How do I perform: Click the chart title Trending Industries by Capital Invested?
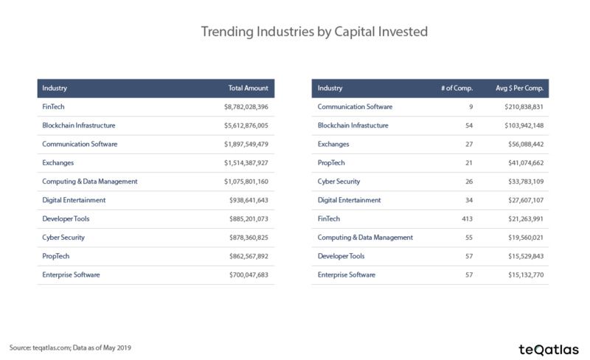point(314,32)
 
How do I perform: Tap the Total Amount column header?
point(248,88)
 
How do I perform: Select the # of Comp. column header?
point(457,88)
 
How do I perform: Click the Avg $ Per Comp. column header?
point(519,88)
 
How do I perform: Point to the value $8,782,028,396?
point(246,107)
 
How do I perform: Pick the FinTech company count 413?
point(467,219)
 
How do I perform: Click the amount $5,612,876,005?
point(246,125)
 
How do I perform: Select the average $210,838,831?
point(524,107)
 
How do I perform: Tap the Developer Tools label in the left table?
point(66,219)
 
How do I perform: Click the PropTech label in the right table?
point(331,163)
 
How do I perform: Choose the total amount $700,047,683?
point(249,275)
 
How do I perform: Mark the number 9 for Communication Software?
point(471,107)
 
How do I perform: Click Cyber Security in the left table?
point(63,238)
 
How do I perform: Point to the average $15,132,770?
point(526,275)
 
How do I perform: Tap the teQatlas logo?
point(549,350)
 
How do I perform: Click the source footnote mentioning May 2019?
point(70,347)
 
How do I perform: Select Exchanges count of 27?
point(469,145)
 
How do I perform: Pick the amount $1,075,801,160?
point(246,181)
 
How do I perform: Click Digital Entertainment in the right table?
point(349,200)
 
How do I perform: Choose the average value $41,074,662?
point(526,163)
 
